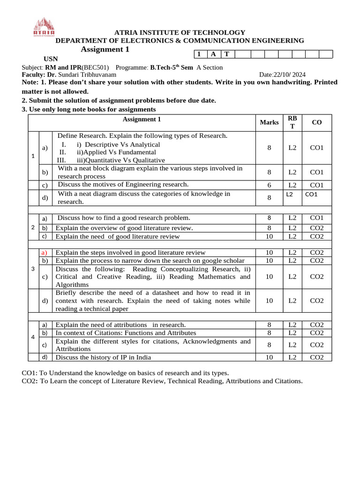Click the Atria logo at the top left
[x=44, y=27]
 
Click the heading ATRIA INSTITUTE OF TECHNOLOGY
[x=180, y=32]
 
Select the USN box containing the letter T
[x=226, y=54]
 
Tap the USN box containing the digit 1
[x=199, y=54]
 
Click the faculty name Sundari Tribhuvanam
[x=87, y=75]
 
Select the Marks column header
[x=269, y=122]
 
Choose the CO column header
[x=317, y=122]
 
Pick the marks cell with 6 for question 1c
[x=269, y=185]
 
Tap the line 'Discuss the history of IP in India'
[x=103, y=358]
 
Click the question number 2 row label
[x=33, y=228]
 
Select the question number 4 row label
[x=33, y=337]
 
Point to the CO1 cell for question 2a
[x=317, y=218]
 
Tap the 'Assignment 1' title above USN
[x=105, y=50]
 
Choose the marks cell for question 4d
[x=269, y=358]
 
